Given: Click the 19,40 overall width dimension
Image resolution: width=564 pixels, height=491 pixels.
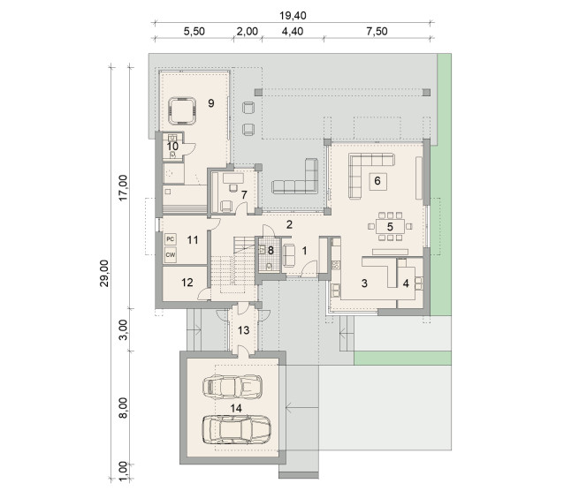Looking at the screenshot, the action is coord(293,16).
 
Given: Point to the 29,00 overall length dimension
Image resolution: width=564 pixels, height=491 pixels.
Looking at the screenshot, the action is coord(104,273).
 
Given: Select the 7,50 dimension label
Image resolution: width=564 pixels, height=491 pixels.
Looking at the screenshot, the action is coord(377,31).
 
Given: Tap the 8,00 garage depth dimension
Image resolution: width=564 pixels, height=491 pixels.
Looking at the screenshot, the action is coord(124,408).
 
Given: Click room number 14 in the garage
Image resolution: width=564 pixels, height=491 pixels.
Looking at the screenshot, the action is coord(236,408).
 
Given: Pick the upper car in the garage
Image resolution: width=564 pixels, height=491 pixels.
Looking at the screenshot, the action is coord(232,387).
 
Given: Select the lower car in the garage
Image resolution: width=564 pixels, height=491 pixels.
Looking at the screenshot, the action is coord(236,429).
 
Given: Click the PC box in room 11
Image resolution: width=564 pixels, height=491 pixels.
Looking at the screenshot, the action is coord(170,239).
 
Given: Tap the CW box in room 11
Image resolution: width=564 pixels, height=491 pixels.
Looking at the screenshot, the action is coord(170,255).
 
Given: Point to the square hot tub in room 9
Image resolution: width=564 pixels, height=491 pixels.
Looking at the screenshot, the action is coord(182,110).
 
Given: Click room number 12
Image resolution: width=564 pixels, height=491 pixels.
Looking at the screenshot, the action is coord(187,283).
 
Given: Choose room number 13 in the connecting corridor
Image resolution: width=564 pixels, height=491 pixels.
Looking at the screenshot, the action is coord(243,330).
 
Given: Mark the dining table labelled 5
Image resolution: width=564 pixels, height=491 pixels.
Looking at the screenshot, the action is coord(390,227).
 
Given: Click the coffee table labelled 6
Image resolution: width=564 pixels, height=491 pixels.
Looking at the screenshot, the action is coord(377,181).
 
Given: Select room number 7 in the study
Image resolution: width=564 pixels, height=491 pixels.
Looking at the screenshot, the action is coord(244,195).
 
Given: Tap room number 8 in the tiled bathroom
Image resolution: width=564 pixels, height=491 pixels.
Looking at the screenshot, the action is coord(271,250).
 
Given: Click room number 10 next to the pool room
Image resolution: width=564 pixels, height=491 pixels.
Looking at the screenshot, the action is coord(172,147).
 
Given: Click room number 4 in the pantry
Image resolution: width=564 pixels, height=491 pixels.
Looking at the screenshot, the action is coord(406,283).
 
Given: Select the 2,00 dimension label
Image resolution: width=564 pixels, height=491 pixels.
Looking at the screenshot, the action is coord(248,31).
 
